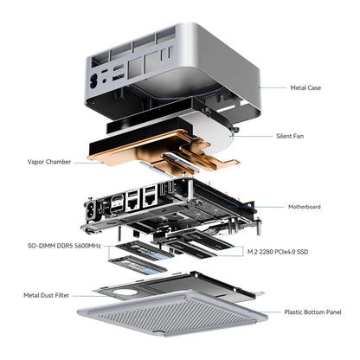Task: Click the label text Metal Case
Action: point(307,87)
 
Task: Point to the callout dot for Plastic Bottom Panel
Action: point(254,312)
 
